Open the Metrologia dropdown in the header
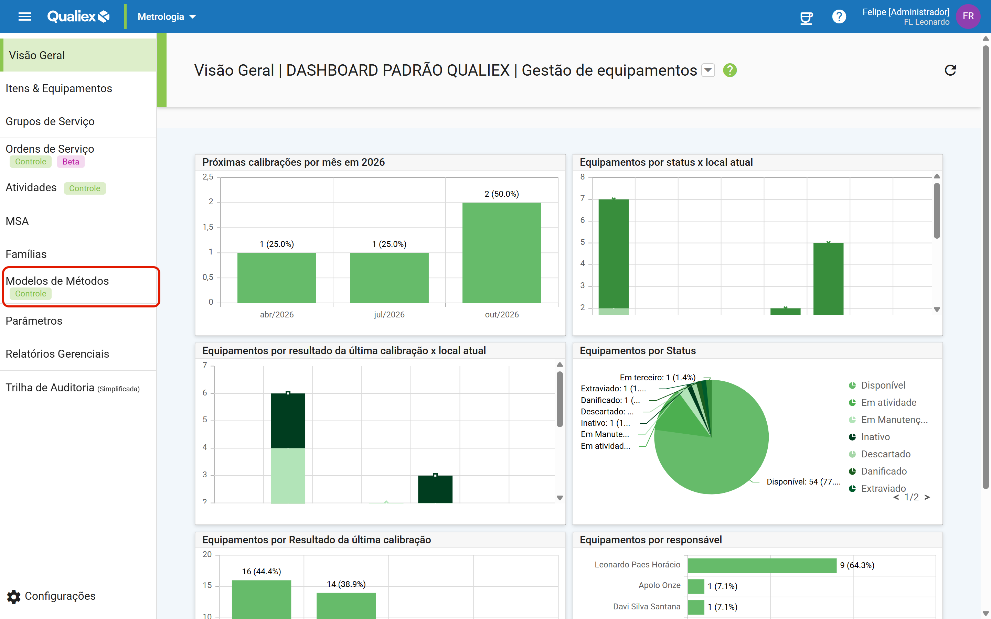(167, 17)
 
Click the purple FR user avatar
(968, 17)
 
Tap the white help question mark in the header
(839, 17)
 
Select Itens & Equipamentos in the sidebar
(58, 88)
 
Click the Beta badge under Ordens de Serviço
(71, 162)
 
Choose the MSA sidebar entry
(17, 221)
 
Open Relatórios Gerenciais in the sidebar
(57, 354)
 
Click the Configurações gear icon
(14, 597)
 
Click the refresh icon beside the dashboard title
(950, 70)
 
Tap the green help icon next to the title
(730, 70)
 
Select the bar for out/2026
(502, 253)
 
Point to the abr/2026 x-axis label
(277, 314)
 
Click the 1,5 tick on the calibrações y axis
(208, 227)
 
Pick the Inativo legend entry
(875, 437)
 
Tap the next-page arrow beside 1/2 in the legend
(927, 497)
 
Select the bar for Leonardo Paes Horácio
(762, 565)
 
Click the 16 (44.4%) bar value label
(261, 571)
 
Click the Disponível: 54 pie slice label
(803, 482)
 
